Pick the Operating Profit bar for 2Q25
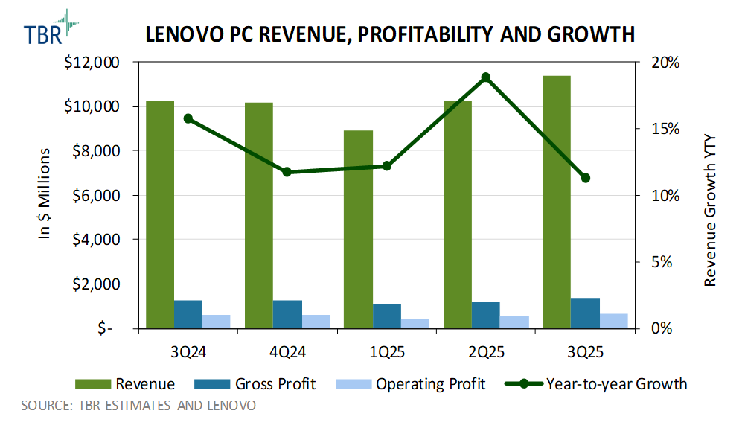[x=514, y=322]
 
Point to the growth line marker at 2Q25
[x=485, y=77]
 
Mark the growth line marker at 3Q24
[x=188, y=118]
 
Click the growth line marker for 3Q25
[x=585, y=178]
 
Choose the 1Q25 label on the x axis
[x=386, y=351]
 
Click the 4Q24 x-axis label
[x=287, y=351]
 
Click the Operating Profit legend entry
[x=411, y=384]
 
